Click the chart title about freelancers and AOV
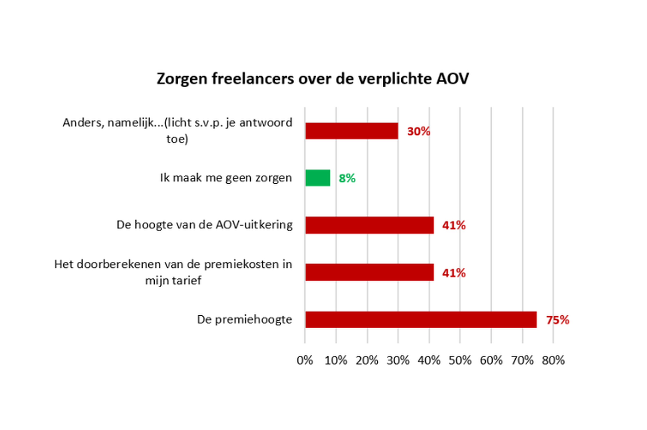[313, 79]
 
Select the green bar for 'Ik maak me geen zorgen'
[318, 178]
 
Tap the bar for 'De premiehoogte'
[421, 319]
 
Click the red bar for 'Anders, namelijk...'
[352, 131]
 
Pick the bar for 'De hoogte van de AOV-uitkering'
[370, 225]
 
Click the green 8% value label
[347, 178]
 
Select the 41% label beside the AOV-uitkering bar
[454, 225]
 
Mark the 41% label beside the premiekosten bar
[454, 273]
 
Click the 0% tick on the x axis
[305, 360]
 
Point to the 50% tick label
[460, 360]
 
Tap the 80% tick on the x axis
[553, 360]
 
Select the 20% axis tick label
[367, 360]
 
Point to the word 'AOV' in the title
[452, 79]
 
